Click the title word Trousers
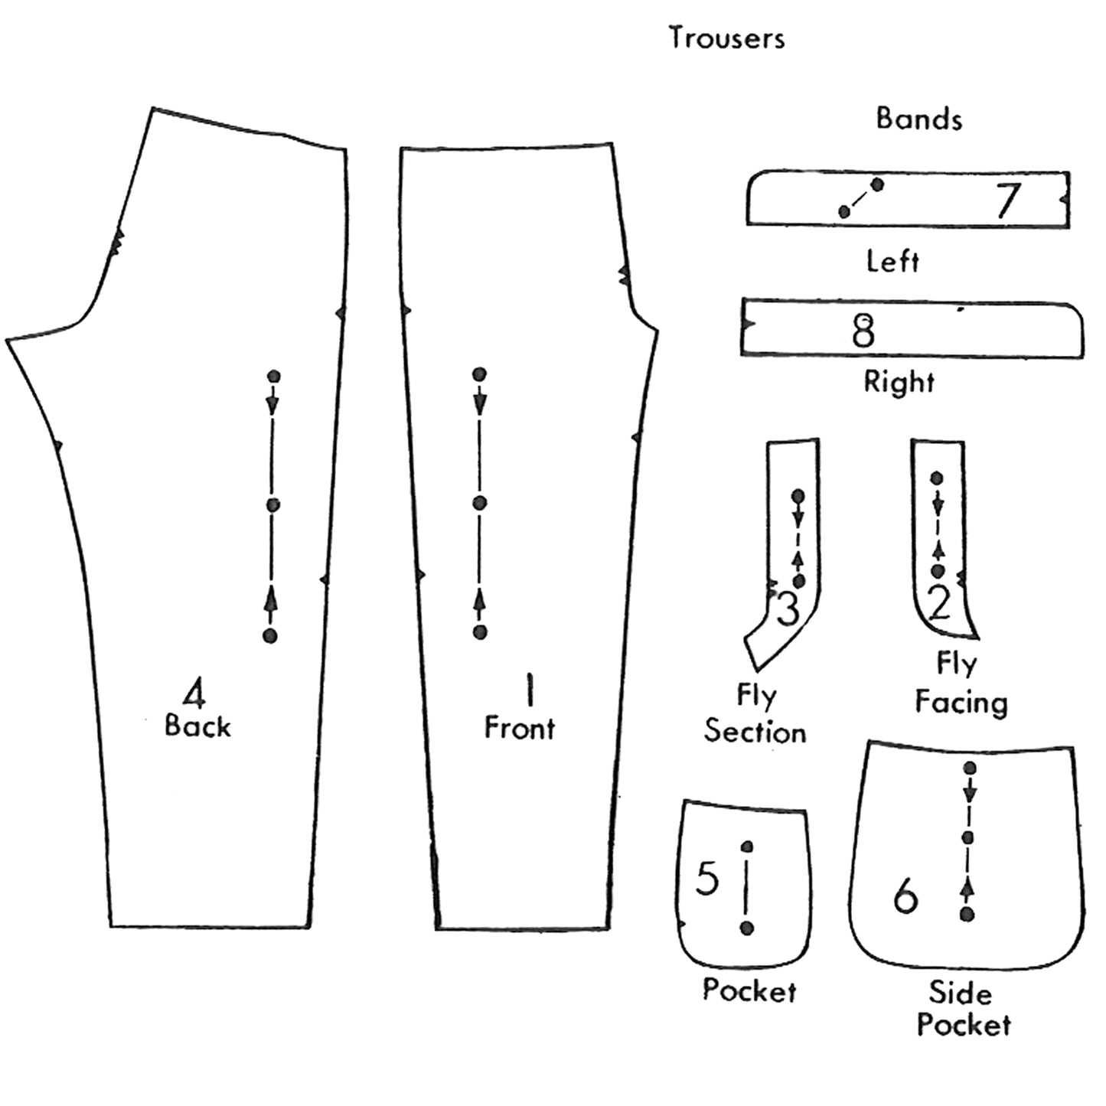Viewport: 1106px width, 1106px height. [726, 38]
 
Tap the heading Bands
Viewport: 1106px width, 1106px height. [918, 119]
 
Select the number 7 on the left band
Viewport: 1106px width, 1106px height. [1008, 201]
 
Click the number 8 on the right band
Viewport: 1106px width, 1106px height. [863, 331]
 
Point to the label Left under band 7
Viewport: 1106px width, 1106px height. [892, 262]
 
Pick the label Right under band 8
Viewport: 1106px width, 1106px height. [899, 381]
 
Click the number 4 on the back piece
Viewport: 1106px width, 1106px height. [194, 694]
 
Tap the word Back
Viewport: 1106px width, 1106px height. [197, 726]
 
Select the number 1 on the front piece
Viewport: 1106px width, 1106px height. [527, 689]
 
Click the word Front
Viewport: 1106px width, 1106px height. [519, 727]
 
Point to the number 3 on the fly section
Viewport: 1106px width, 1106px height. [788, 609]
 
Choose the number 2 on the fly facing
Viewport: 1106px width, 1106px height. [939, 602]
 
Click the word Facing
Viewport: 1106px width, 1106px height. [961, 702]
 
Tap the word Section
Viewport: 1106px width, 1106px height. [755, 732]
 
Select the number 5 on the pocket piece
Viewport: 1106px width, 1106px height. [707, 878]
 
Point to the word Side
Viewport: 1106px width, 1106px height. [960, 993]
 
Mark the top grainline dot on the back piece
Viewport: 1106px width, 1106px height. [274, 376]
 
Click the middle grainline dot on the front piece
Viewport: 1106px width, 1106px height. [480, 503]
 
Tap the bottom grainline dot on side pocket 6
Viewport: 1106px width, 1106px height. [967, 914]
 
